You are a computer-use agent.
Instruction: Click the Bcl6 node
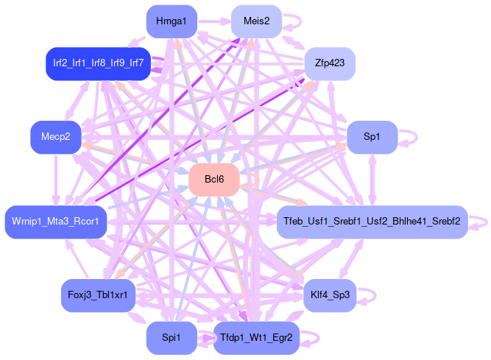[214, 180]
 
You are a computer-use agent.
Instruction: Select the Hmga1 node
[171, 21]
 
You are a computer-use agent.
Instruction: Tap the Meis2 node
[256, 21]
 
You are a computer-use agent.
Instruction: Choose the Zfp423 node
[330, 63]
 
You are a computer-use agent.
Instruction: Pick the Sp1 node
[372, 137]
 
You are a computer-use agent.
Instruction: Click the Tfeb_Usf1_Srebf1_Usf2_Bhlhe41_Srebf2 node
[372, 222]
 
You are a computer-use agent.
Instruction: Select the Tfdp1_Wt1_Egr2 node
[256, 338]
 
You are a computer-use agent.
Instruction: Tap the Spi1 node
[171, 338]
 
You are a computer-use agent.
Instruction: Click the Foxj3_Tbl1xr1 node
[97, 295]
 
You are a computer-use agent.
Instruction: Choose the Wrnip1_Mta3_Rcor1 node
[55, 222]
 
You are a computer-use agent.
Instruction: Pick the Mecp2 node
[55, 137]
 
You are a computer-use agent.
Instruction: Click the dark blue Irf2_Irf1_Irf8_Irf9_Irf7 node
[97, 63]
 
